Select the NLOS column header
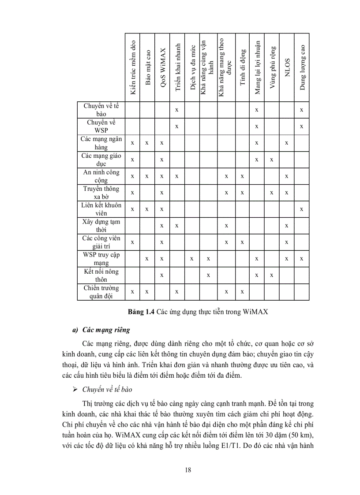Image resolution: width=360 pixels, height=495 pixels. [287, 68]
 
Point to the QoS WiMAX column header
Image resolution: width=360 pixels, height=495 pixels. [162, 68]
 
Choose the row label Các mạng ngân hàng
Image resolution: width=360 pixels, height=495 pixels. [101, 143]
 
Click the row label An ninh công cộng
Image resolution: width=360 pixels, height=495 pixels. [101, 176]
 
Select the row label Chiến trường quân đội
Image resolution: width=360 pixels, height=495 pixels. [101, 292]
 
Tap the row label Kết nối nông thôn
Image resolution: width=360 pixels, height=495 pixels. [101, 275]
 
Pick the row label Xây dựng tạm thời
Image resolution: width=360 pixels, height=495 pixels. [101, 226]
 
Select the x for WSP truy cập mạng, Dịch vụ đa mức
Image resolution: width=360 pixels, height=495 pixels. [192, 259]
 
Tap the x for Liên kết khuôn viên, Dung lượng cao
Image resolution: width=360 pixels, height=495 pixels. [301, 209]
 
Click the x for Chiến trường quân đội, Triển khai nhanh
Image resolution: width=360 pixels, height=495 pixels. [176, 292]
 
